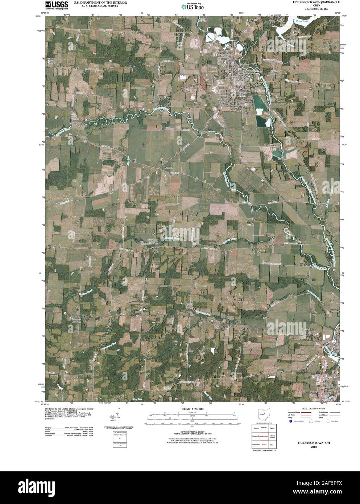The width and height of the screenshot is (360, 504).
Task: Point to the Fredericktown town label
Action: pyautogui.click(x=252, y=73)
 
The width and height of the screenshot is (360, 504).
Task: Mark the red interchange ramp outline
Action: pyautogui.click(x=203, y=82)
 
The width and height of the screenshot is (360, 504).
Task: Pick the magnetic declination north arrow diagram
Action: pyautogui.click(x=119, y=417)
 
